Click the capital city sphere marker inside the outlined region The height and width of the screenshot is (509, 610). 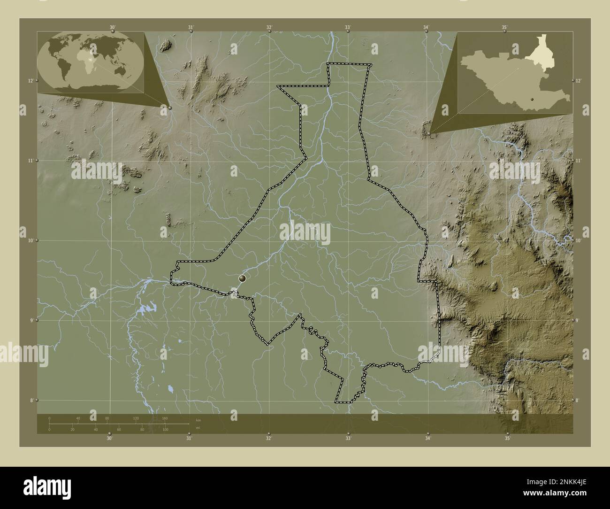(x=242, y=278)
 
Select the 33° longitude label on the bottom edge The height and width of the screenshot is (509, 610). (x=348, y=439)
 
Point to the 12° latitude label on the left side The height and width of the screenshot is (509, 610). (x=30, y=81)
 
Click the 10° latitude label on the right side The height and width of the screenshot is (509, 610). (x=579, y=240)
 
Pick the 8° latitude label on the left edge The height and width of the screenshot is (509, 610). (x=30, y=400)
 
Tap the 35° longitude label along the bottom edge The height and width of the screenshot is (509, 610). (x=507, y=439)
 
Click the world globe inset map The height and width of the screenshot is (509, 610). (x=91, y=62)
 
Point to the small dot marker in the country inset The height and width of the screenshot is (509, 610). (x=533, y=99)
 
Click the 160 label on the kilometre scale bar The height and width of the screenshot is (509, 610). (x=165, y=418)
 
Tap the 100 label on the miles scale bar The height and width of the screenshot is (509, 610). (x=165, y=430)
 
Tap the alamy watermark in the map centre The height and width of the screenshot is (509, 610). (x=305, y=233)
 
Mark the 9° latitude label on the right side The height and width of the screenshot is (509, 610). (x=579, y=320)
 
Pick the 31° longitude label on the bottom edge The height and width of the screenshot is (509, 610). (x=189, y=439)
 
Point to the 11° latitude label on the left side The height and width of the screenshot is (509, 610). (x=30, y=161)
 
